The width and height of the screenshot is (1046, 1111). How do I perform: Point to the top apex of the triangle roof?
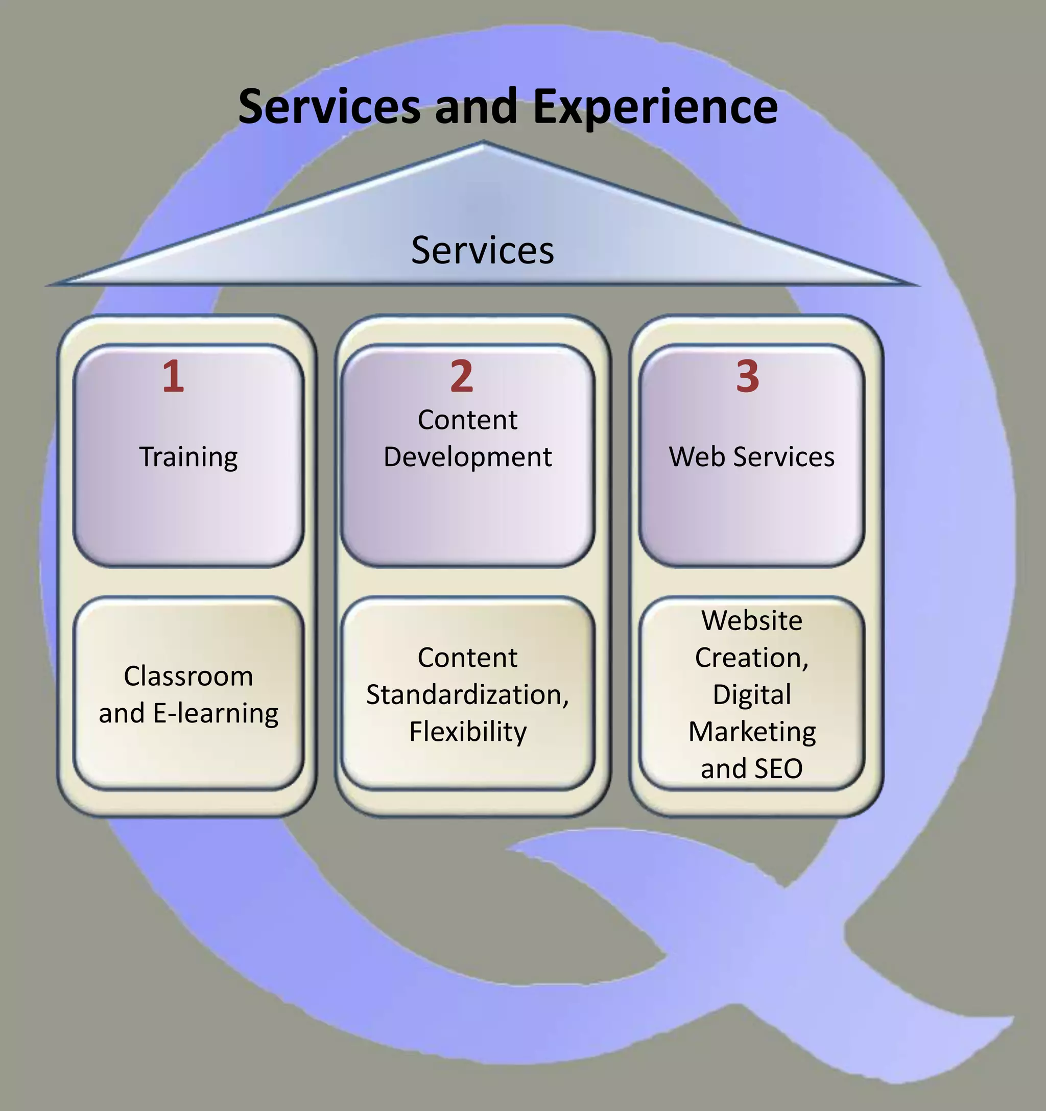484,143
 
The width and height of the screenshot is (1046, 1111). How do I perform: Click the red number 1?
173,376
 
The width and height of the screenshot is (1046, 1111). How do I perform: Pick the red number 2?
462,376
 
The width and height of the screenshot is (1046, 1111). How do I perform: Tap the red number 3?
747,376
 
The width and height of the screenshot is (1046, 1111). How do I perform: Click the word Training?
188,457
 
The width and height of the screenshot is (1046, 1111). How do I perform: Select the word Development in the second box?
467,456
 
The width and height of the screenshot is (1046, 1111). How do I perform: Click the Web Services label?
751,456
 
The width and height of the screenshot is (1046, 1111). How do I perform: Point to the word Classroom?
188,676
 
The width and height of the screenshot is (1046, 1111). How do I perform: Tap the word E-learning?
215,714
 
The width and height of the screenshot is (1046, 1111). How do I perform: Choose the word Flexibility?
467,732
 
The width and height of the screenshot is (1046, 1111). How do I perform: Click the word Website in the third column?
751,620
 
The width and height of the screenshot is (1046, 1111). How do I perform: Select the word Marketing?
751,732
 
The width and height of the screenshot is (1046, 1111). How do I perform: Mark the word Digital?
751,695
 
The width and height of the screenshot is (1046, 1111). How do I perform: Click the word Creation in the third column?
749,658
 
